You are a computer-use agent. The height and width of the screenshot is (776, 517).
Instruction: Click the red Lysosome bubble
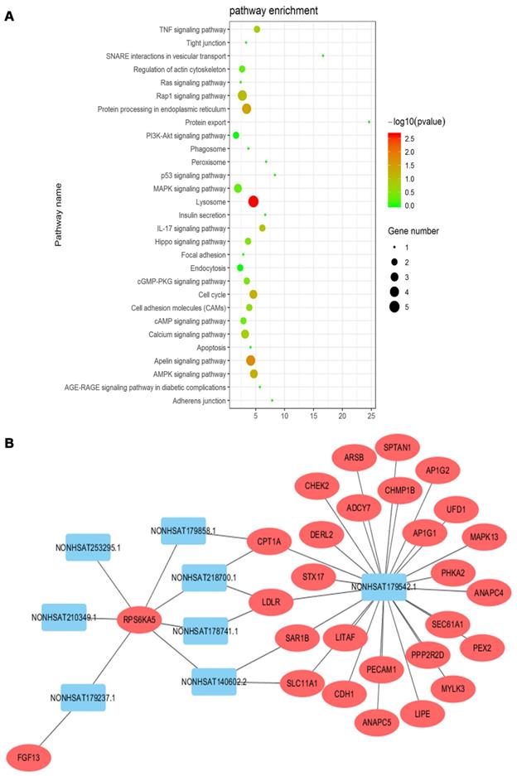[x=254, y=201]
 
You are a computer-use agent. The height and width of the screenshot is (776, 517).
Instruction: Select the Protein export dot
[x=370, y=122]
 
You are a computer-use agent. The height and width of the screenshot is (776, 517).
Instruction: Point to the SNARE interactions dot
[x=323, y=55]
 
